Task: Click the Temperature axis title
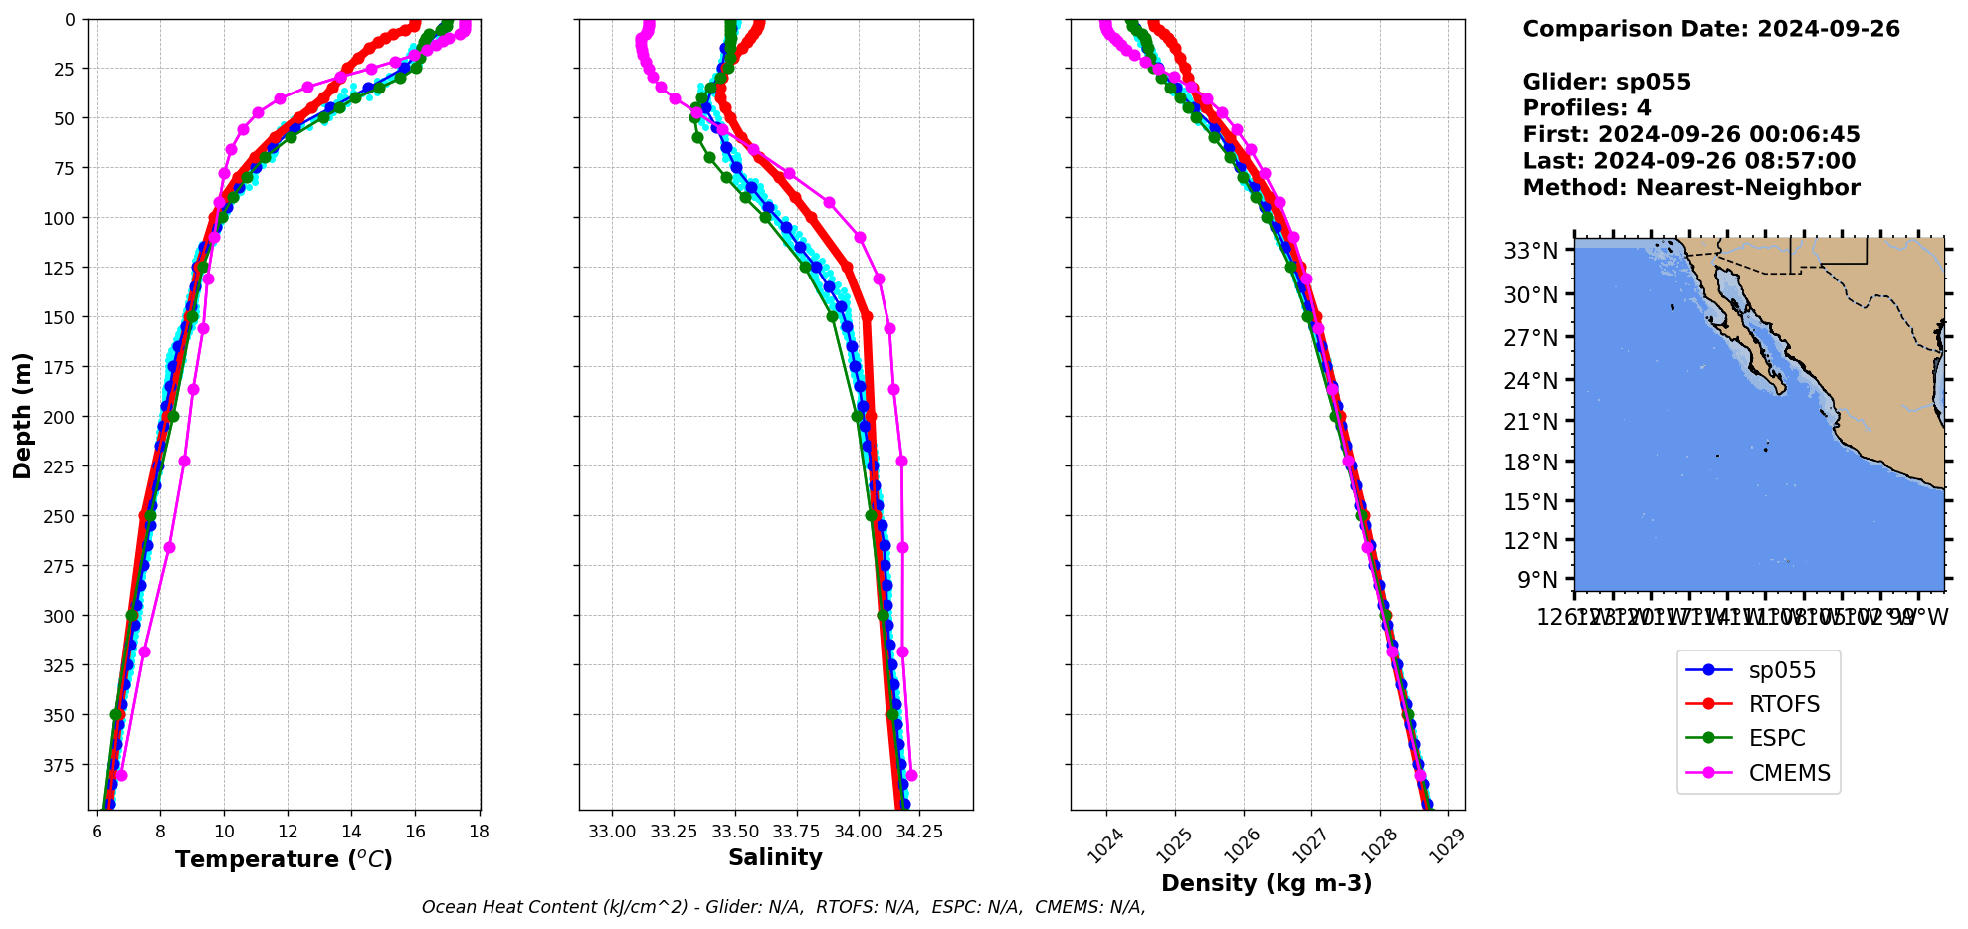coord(284,859)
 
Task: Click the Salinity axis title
coord(775,858)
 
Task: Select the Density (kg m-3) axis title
coord(1267,883)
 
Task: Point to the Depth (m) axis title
coord(22,415)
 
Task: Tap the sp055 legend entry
coord(1782,670)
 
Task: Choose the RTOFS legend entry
coord(1784,704)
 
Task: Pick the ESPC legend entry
coord(1777,738)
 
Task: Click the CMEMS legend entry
coord(1789,773)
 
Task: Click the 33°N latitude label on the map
coord(1530,251)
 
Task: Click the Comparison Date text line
coord(1711,29)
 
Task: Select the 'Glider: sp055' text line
coord(1607,82)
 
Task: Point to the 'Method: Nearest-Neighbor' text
coord(1691,187)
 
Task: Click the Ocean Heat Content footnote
coord(783,907)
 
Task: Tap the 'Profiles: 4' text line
coord(1587,108)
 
